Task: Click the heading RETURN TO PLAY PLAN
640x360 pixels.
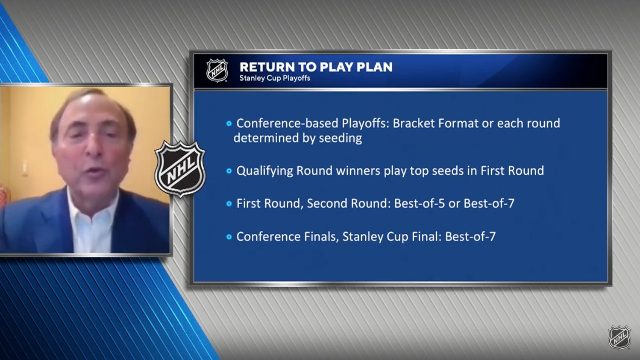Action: tap(316, 67)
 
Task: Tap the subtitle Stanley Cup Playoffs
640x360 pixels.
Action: tap(275, 78)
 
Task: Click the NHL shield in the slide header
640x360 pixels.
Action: tap(217, 70)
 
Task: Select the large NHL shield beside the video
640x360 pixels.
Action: tap(180, 169)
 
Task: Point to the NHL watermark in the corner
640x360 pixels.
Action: tap(619, 337)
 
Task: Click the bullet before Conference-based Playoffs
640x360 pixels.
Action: tap(229, 124)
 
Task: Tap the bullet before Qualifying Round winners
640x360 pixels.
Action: tap(229, 171)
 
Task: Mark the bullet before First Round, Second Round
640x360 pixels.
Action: tap(229, 204)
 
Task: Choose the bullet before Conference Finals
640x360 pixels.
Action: tap(229, 237)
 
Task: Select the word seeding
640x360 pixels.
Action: tap(340, 138)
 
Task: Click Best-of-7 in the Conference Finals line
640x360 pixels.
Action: tap(470, 236)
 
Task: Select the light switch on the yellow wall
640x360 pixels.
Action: tap(25, 167)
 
